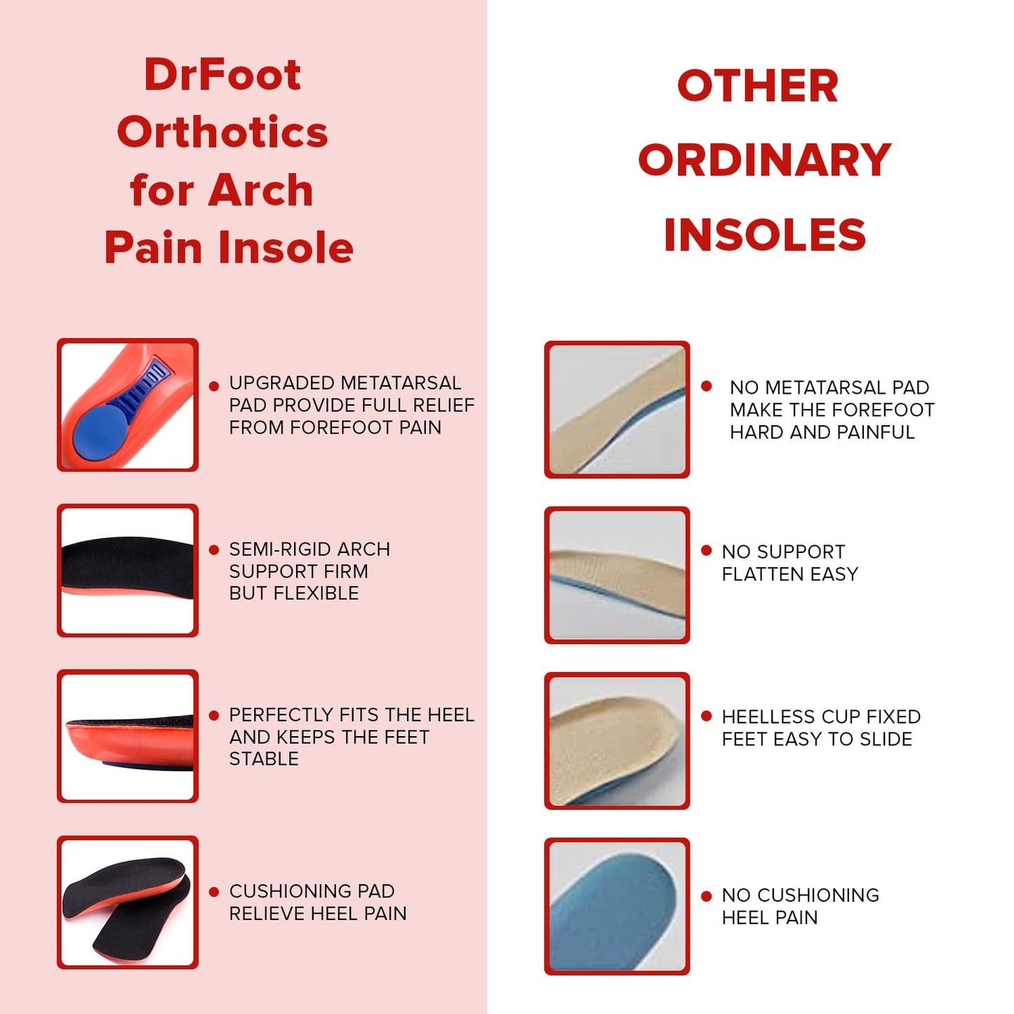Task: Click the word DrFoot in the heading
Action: [222, 74]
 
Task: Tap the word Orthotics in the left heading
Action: [222, 132]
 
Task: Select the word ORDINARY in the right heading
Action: [764, 160]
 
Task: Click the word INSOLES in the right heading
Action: [764, 234]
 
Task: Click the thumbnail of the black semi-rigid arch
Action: [128, 570]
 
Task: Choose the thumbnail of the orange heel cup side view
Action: [128, 736]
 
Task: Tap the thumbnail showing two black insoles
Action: [128, 902]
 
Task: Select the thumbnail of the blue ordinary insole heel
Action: [617, 906]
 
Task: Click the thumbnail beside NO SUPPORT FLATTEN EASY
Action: [617, 575]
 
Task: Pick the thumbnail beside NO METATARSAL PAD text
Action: [617, 409]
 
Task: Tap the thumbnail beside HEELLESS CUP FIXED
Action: [617, 740]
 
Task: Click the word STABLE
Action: [264, 759]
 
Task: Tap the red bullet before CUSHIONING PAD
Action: [214, 892]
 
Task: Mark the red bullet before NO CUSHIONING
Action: [707, 896]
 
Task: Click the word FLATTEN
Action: [763, 574]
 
